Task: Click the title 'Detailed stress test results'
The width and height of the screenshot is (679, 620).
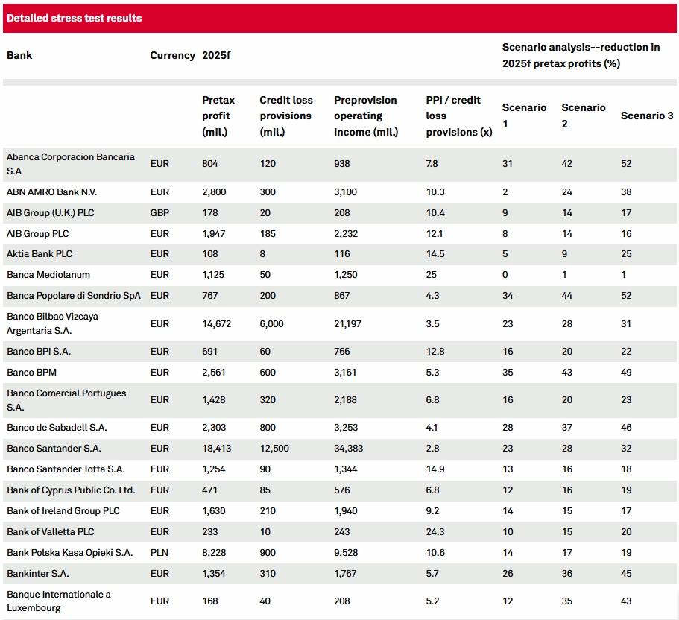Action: click(x=74, y=18)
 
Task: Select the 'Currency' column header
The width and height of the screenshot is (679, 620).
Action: click(x=172, y=55)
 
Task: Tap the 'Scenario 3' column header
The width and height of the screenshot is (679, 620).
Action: click(x=647, y=116)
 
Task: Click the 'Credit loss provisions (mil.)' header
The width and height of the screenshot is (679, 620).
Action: click(x=285, y=116)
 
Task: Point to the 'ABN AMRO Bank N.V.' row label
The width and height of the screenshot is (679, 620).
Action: click(x=51, y=192)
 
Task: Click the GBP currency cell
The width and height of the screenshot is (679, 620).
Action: click(x=160, y=213)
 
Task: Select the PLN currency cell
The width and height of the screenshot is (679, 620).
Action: click(x=160, y=552)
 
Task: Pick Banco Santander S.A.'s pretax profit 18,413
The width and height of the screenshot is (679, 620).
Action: click(x=216, y=449)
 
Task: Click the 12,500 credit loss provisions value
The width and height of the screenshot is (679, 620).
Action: click(x=274, y=449)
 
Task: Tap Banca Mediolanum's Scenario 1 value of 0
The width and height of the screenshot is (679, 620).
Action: click(x=505, y=275)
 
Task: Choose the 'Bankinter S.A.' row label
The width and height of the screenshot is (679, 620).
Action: click(x=38, y=574)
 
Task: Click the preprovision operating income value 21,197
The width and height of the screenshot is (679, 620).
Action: click(x=347, y=324)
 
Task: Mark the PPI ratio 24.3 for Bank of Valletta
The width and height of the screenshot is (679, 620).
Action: click(x=435, y=531)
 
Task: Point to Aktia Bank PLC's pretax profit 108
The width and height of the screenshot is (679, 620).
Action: click(x=210, y=254)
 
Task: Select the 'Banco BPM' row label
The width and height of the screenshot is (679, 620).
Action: click(x=31, y=373)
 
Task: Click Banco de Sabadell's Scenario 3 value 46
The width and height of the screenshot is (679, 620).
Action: click(x=626, y=428)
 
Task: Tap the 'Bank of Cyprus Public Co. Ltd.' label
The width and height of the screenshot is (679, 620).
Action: click(x=71, y=490)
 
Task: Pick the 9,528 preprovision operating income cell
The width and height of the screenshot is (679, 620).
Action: click(x=346, y=552)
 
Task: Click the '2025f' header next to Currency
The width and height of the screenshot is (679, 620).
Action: click(x=216, y=55)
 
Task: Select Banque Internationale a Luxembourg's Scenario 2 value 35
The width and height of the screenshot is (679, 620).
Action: click(x=567, y=601)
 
